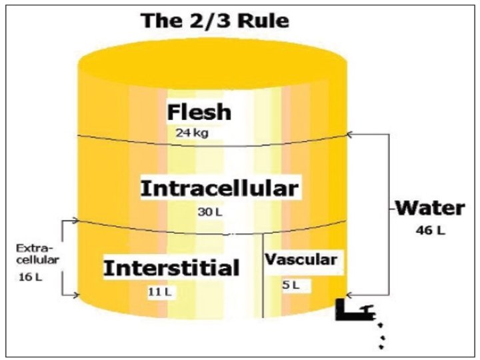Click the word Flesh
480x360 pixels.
[x=199, y=111]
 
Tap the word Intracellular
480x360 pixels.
[x=219, y=188]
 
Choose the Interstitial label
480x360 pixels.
[x=171, y=269]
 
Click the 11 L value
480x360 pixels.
[x=158, y=291]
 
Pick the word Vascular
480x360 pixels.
[x=301, y=259]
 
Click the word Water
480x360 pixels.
[x=429, y=208]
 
